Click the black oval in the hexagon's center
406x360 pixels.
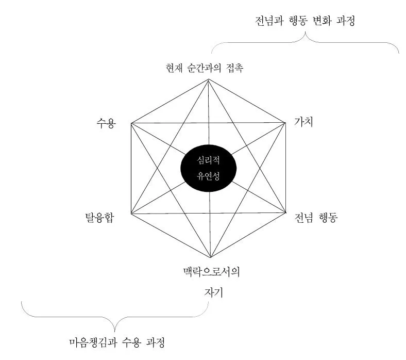(209, 167)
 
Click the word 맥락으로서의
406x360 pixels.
(211, 271)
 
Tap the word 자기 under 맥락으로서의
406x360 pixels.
(211, 292)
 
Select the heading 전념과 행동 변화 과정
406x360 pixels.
(307, 22)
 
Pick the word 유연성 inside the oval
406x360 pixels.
(209, 175)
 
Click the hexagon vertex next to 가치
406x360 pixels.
(285, 123)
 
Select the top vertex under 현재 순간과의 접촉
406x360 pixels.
(208, 78)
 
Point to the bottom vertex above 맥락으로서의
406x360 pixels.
(210, 257)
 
